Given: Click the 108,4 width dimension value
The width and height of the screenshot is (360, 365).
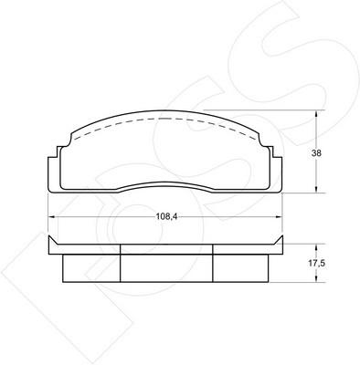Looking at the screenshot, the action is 166,216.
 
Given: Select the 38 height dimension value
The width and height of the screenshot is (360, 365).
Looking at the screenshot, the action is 316,153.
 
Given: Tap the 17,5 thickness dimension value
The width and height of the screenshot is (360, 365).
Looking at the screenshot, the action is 317,264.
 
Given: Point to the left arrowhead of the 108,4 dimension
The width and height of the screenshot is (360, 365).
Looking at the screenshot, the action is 52,216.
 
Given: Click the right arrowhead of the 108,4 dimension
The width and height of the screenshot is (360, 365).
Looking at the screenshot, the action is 279,216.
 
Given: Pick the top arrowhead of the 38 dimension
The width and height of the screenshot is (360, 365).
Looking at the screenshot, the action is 316,114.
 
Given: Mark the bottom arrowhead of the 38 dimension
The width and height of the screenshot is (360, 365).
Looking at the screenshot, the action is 316,189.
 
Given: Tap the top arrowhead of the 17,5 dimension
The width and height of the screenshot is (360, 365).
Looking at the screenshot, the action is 316,247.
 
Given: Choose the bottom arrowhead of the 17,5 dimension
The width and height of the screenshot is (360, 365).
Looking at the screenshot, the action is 316,278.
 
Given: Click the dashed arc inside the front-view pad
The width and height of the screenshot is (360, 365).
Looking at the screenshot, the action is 166,119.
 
